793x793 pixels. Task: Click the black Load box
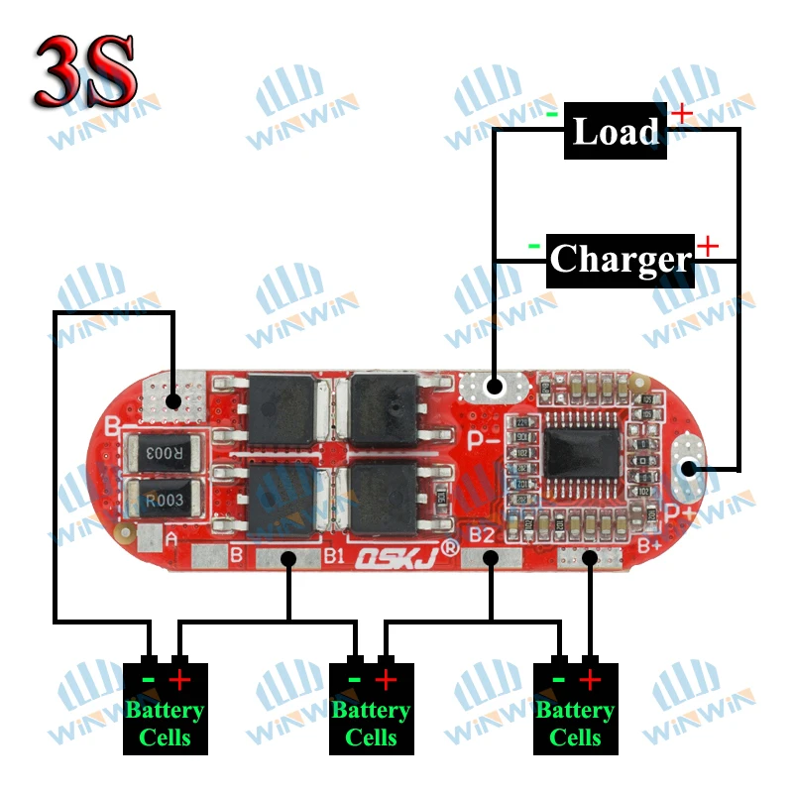pos(615,131)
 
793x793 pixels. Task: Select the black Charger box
pos(620,260)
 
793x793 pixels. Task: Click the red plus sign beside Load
pos(682,113)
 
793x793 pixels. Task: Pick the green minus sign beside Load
pos(551,113)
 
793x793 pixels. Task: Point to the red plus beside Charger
pos(708,245)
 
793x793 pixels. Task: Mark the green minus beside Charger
pos(534,245)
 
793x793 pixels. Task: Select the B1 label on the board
pos(334,556)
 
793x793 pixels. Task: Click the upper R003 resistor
pos(165,453)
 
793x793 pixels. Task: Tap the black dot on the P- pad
pos(495,388)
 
